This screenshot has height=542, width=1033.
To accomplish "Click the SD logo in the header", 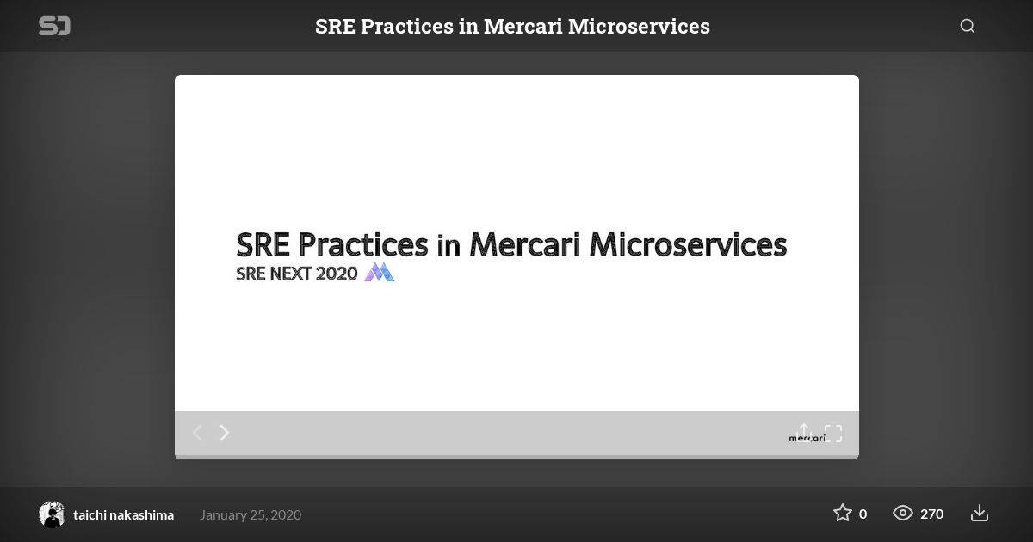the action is coord(54,26).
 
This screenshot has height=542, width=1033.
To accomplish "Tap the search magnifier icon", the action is coord(968,27).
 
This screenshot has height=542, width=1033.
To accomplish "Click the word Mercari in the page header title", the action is coord(523,27).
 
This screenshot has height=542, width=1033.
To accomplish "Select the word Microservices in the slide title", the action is coord(688,244).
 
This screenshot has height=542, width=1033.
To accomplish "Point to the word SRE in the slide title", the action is coord(263,244).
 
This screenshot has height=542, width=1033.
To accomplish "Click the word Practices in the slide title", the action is coord(363,244).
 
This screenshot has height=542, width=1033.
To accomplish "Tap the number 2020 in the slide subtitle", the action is coord(337,274).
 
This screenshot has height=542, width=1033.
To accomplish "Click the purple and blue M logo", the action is coord(379,272).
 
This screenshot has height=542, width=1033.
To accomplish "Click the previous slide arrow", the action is coord(197,433).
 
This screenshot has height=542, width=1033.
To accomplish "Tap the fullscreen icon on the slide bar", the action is coord(833,434).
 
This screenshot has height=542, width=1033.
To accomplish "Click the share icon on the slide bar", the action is coord(804,432).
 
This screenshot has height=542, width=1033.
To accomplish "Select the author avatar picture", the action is coord(52,514).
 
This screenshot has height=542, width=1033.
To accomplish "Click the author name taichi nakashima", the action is coord(124,514).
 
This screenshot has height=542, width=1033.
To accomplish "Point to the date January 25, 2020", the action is coord(251,514).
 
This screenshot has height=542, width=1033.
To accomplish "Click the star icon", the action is coord(843,513).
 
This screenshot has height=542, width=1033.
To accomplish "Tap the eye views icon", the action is coord(902,513).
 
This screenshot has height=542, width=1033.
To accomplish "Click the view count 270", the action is coord(932,514).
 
